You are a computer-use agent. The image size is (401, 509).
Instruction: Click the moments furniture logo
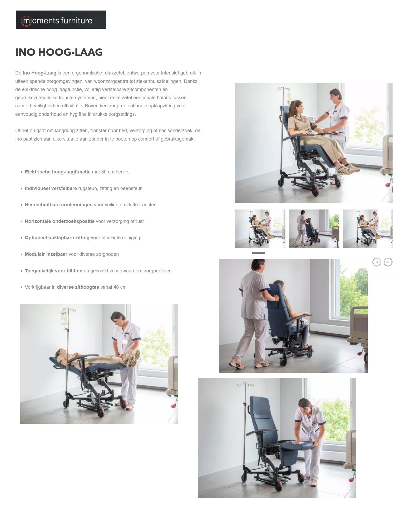61,20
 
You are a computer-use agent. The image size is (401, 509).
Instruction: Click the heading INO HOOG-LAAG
59,52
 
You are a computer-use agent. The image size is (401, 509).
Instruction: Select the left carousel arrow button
377,262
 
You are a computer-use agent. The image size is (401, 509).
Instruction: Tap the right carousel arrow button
388,262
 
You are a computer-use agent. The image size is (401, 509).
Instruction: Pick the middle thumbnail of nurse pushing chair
314,229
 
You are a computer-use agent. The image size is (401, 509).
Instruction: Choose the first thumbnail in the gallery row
260,229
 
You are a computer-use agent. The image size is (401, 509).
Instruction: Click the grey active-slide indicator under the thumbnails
258,253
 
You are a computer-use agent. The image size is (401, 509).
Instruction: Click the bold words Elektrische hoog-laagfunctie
57,172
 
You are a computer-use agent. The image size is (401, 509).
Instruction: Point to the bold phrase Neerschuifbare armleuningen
58,205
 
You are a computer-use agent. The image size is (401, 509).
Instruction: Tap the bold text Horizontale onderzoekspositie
60,221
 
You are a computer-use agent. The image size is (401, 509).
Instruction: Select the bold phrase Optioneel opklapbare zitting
57,238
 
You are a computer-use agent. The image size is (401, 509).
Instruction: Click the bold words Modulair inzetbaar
46,254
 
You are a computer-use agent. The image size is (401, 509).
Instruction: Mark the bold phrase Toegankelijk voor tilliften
53,271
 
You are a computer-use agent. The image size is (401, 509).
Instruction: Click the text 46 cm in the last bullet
120,287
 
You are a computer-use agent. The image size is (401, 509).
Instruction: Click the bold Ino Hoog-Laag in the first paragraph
39,73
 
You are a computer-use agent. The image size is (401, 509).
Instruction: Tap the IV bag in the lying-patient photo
63,318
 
